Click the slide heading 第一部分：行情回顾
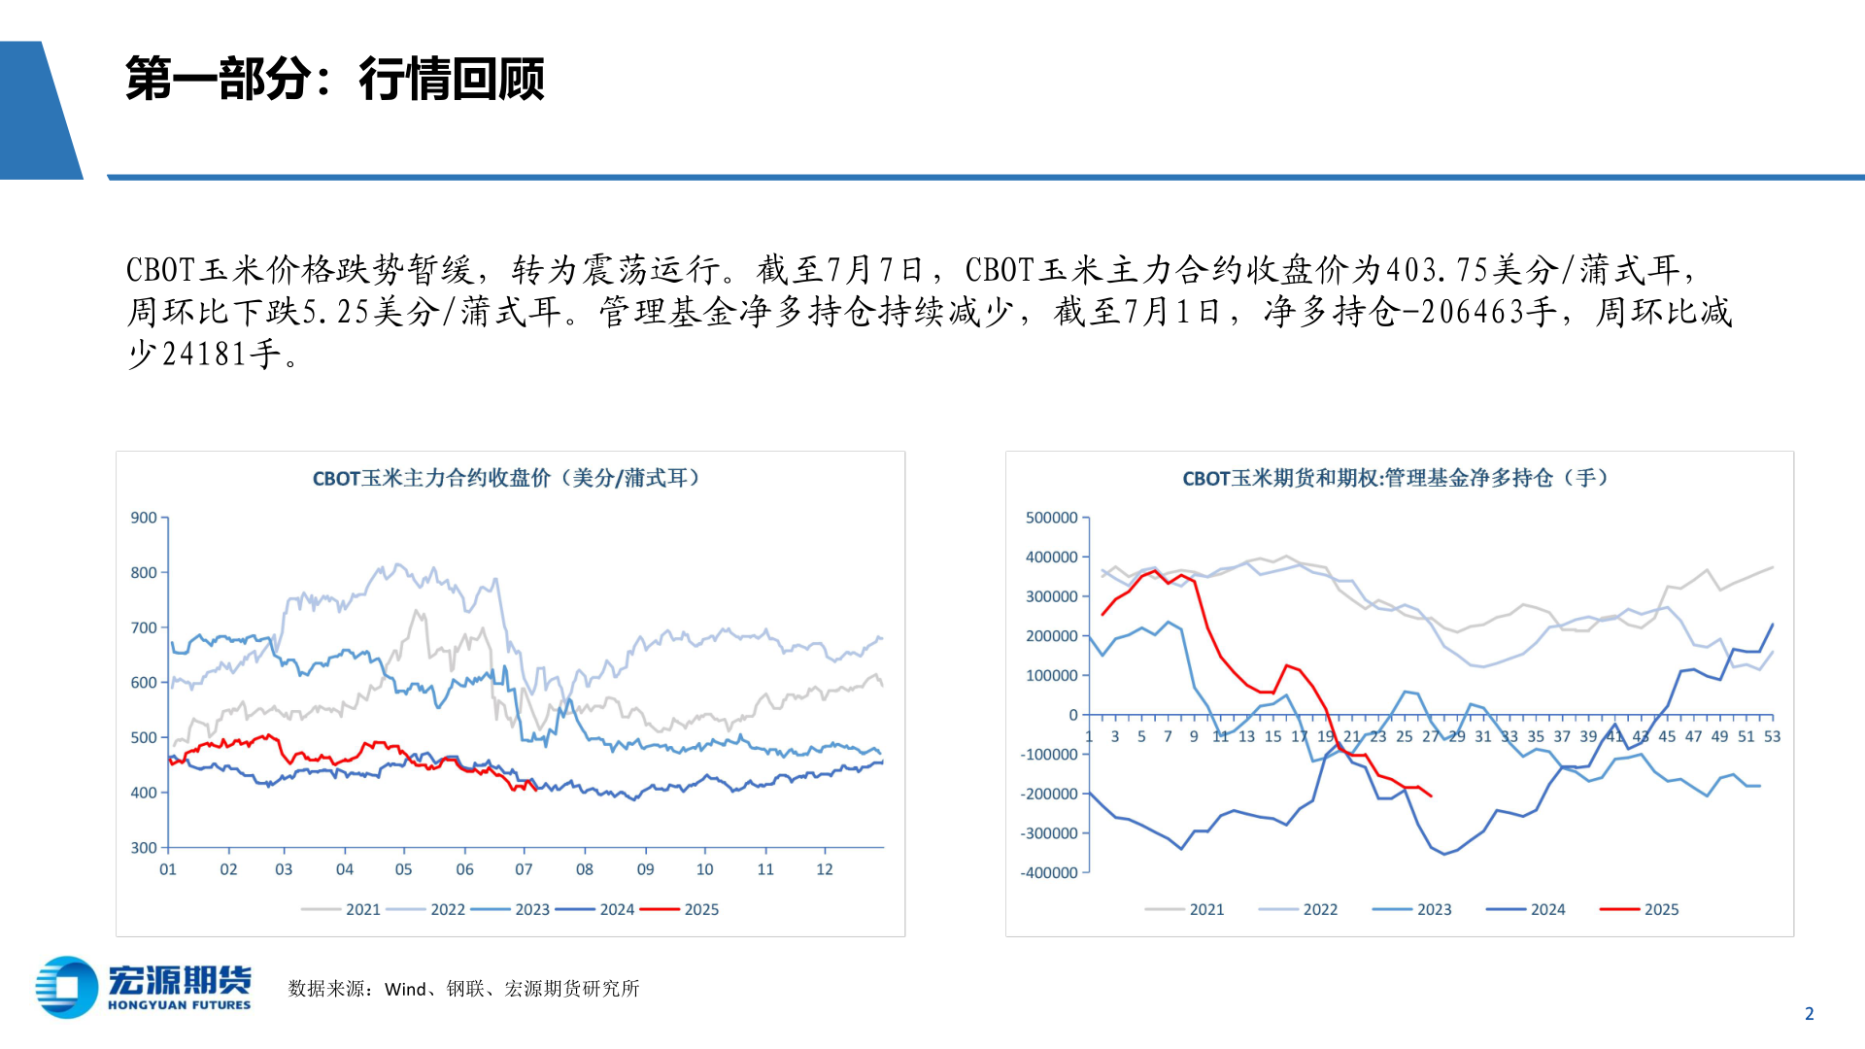pos(334,79)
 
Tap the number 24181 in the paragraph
pos(204,355)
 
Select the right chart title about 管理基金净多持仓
pos(1395,478)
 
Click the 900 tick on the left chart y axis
pos(144,518)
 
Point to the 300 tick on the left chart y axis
pos(144,848)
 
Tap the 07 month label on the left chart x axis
pos(524,869)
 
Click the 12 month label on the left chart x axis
pos(824,869)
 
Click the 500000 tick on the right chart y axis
pos(1051,518)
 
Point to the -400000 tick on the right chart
pos(1049,873)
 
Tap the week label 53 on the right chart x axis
pos(1772,736)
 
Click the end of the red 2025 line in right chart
pos(1431,796)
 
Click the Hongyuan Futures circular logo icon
pos(66,988)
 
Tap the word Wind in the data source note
pos(405,989)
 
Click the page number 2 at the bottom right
pos(1809,1014)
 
